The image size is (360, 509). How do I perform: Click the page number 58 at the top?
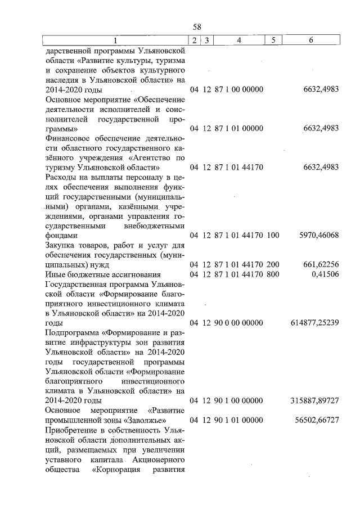tap(197, 27)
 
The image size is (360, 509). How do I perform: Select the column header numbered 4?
tap(239, 40)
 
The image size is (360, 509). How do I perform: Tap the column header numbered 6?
tap(311, 40)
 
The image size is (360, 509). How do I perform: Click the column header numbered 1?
tap(115, 40)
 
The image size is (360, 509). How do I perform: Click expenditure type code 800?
tap(273, 274)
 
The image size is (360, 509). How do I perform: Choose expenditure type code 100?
tap(273, 235)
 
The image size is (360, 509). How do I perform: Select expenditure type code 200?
tap(273, 264)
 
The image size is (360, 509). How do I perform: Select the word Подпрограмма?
tap(70, 332)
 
